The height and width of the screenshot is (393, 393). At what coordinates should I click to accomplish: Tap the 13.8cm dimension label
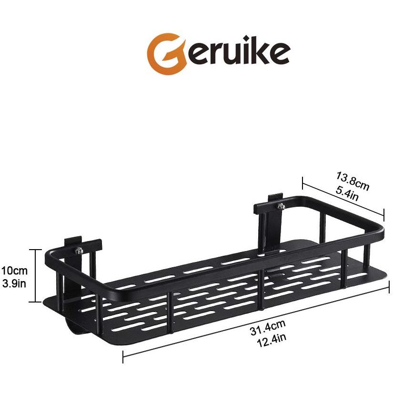tap(353, 181)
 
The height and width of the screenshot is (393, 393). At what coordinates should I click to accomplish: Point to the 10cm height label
tap(14, 271)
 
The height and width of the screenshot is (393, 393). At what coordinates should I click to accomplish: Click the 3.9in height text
tap(14, 284)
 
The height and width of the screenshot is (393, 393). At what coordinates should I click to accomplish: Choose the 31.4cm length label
tap(268, 327)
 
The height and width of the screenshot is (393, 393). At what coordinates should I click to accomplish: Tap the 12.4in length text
tap(272, 339)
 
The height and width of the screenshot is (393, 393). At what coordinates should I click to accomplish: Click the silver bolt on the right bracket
tap(280, 206)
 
